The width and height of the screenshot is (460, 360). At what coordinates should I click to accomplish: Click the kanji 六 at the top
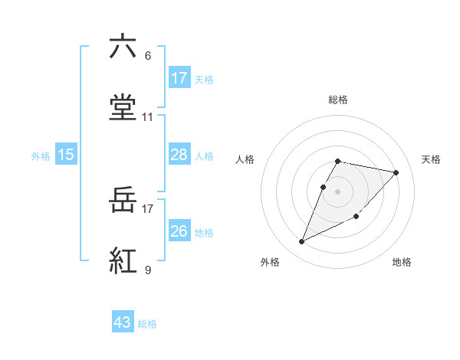tap(123, 47)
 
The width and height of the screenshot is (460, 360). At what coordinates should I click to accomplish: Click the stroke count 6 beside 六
tap(148, 56)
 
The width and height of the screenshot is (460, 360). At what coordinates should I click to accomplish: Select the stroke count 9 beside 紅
tap(148, 270)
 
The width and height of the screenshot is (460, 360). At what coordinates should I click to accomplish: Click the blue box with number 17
tap(179, 78)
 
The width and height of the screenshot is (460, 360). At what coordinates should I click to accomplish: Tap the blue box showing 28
tap(179, 155)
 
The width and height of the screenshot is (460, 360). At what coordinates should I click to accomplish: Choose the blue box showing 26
tap(179, 231)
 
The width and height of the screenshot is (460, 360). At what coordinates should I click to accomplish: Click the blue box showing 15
tap(66, 155)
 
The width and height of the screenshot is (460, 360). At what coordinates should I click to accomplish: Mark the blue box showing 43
tap(123, 323)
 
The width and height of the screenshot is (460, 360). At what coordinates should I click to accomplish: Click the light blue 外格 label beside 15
tap(41, 156)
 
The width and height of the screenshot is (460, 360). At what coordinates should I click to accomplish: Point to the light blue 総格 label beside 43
tap(147, 325)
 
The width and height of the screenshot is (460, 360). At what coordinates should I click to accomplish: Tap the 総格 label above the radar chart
tap(338, 100)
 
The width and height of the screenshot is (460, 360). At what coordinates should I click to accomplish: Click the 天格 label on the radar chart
tap(432, 159)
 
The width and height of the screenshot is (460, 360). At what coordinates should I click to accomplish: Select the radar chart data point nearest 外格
tap(302, 241)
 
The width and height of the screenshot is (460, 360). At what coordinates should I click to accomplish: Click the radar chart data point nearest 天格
tap(396, 172)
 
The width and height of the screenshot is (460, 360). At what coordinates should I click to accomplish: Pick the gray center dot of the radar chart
tap(338, 191)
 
